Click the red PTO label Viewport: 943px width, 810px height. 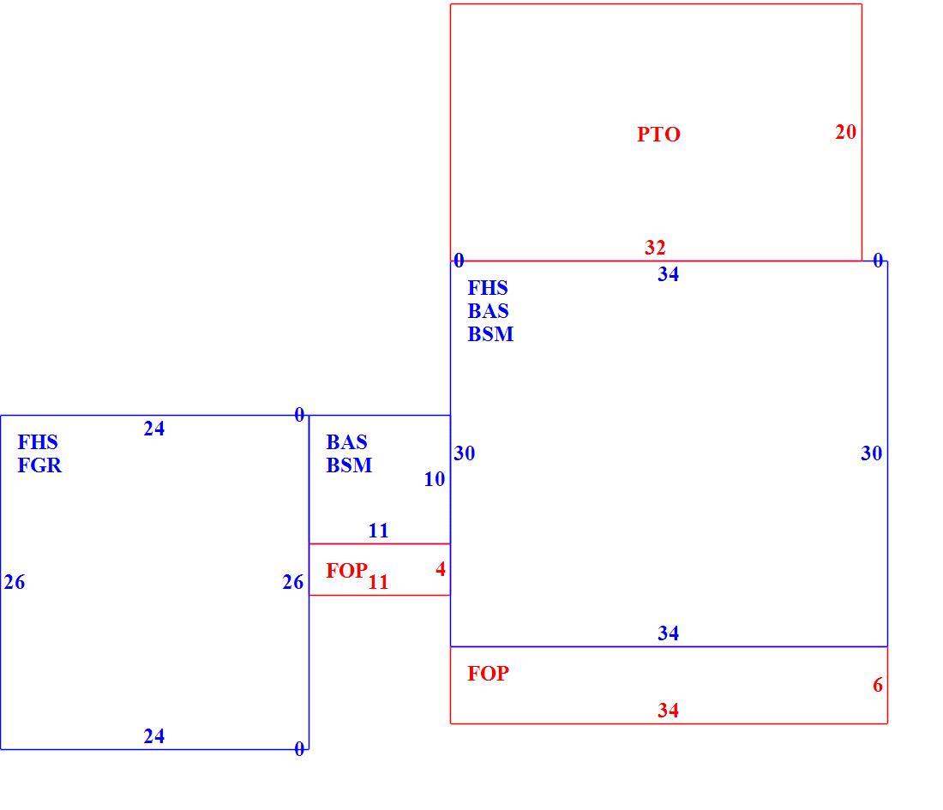[658, 134]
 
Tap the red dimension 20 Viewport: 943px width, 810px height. [845, 132]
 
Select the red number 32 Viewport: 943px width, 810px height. [655, 247]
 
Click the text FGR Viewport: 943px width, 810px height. [39, 465]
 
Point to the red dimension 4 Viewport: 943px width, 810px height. [441, 569]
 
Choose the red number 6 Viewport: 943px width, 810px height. [878, 684]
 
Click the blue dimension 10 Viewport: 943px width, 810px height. [435, 479]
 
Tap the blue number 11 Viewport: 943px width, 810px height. [378, 531]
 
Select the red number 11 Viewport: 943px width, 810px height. [378, 581]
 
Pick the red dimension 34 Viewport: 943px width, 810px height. [668, 711]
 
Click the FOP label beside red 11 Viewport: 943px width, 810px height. [346, 570]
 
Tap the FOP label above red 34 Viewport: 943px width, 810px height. [488, 673]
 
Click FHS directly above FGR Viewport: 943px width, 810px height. [38, 442]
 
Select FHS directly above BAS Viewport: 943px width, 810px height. [488, 288]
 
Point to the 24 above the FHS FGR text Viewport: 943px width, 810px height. [154, 429]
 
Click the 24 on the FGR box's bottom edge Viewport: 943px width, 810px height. [154, 736]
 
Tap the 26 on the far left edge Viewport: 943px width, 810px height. [15, 582]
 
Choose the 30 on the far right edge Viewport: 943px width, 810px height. [872, 453]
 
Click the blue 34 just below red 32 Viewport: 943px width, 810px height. [668, 274]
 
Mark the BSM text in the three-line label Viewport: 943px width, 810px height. [490, 333]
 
